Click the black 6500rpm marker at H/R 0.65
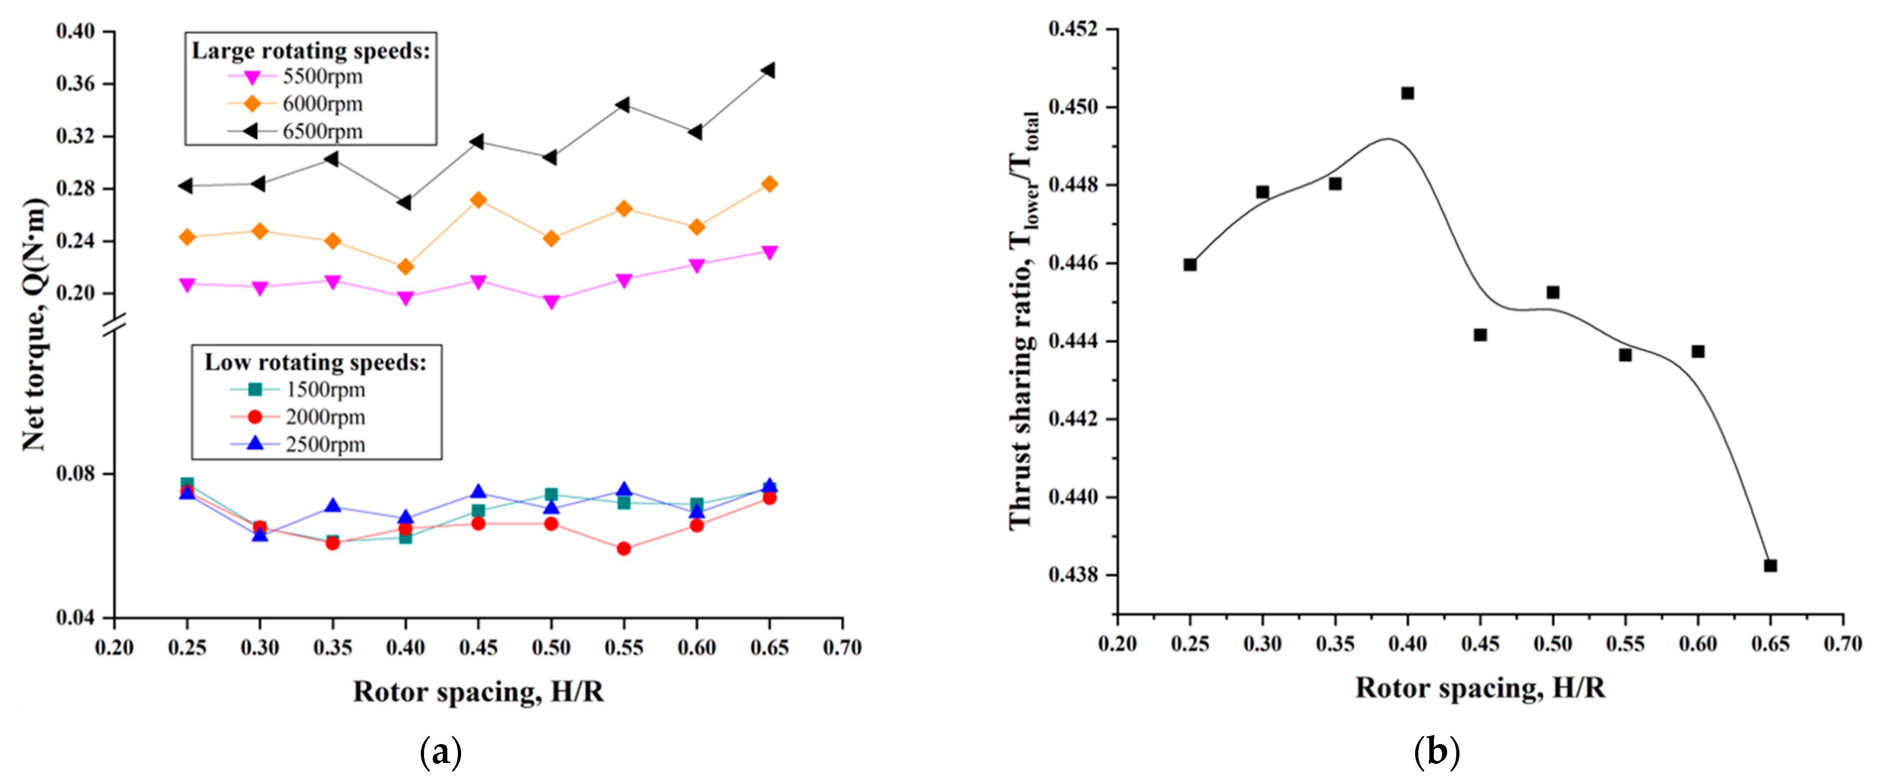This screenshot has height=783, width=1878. click(769, 70)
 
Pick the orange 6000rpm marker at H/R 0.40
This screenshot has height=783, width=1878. click(405, 267)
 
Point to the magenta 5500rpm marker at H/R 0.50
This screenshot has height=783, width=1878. click(551, 301)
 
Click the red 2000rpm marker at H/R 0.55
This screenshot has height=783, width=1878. click(623, 548)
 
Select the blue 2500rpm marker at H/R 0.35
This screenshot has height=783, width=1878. click(333, 505)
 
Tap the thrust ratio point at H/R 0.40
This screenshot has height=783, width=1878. click(1407, 93)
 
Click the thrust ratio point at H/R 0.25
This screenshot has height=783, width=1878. click(1190, 265)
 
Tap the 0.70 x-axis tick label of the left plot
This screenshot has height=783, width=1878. click(842, 647)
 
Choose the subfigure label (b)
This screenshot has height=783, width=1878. click(1436, 751)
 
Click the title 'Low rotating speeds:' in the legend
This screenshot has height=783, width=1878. click(315, 362)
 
